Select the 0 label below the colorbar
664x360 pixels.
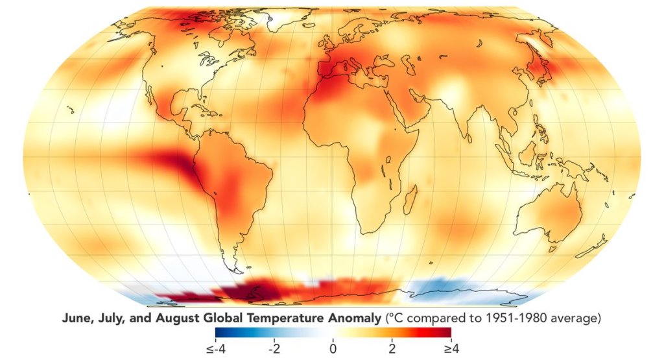click(333, 348)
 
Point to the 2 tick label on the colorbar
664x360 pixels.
click(392, 348)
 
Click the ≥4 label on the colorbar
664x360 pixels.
click(450, 348)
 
